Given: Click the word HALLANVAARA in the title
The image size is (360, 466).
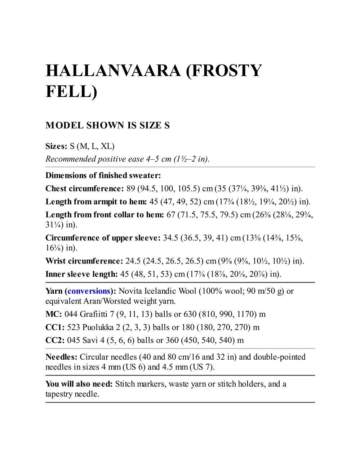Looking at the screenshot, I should [x=113, y=70].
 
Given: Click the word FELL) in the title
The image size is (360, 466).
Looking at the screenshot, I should [x=71, y=92].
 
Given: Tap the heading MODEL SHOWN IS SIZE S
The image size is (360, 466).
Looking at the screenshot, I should [x=107, y=125].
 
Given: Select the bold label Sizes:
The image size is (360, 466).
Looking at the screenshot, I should [x=56, y=146].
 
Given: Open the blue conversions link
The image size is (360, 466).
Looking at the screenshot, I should [x=89, y=291].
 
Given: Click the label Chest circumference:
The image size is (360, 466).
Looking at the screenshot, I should [x=84, y=188].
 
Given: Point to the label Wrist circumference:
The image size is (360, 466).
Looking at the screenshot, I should [x=84, y=261].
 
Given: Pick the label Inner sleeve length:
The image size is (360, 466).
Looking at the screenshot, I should [x=81, y=274].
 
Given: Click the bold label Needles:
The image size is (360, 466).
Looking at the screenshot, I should [x=61, y=357].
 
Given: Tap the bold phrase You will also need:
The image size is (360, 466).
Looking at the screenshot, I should [x=79, y=384].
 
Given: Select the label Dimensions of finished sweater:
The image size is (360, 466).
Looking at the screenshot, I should [x=103, y=176].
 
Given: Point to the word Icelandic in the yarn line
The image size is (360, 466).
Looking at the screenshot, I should [x=159, y=291].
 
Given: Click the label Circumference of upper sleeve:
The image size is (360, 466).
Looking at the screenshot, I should [x=103, y=238].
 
